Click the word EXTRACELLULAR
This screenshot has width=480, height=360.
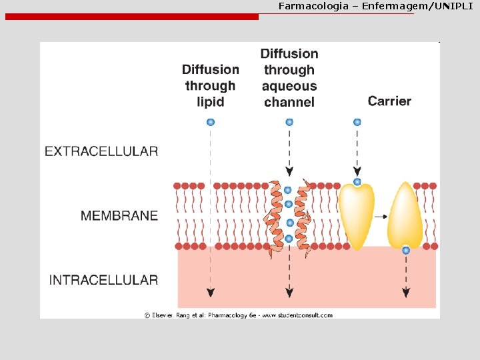coord(101,151)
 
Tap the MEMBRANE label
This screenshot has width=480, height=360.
coord(119,216)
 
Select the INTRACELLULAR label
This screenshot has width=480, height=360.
coord(103,280)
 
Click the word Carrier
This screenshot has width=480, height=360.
coord(389,101)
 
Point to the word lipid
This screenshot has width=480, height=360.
coord(211,102)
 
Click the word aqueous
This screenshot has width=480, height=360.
coord(289,86)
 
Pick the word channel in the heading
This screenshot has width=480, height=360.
coord(289,102)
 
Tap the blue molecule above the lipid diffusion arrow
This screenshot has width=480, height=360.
coord(211,122)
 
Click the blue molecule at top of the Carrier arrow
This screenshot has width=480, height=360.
coord(357,122)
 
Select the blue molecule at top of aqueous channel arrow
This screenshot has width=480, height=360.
coord(289,122)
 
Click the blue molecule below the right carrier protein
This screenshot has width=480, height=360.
coord(406,251)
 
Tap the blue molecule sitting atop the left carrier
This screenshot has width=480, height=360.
coord(357,182)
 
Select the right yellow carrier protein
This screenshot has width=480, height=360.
coord(405,215)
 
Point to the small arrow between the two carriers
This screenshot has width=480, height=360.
coord(382,217)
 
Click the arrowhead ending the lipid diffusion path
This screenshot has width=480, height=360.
coord(211,292)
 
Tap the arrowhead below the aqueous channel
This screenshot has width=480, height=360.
coord(289,292)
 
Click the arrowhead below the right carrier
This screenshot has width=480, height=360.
coord(406,292)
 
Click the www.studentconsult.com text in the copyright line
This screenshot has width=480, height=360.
coord(299,315)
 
